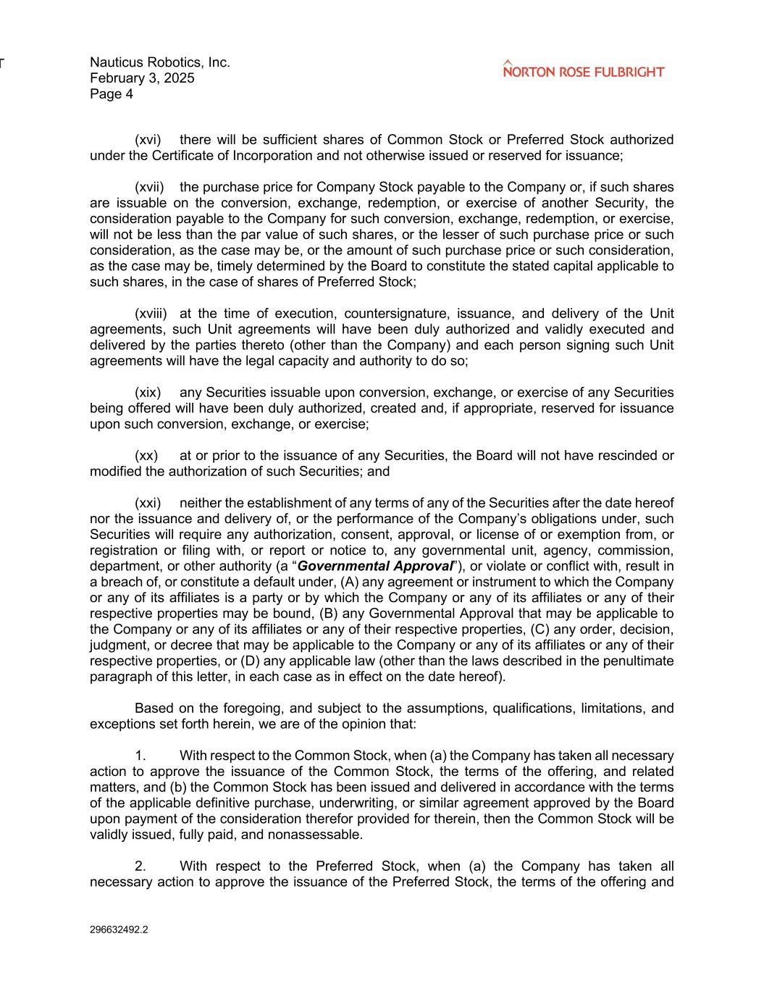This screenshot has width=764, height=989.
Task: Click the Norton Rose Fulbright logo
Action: pyautogui.click(x=583, y=70)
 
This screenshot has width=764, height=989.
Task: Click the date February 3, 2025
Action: pyautogui.click(x=142, y=78)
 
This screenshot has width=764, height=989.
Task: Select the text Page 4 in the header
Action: pyautogui.click(x=112, y=94)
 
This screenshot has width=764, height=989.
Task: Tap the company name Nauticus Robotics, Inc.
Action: pyautogui.click(x=160, y=62)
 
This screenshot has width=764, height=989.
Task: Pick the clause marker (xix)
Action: pyautogui.click(x=148, y=393)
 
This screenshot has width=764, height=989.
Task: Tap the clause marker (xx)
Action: pyautogui.click(x=146, y=456)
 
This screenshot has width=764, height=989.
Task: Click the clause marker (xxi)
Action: pyautogui.click(x=148, y=503)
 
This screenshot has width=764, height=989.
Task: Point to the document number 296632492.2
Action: pyautogui.click(x=119, y=930)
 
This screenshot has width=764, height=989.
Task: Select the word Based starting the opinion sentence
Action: pyautogui.click(x=153, y=708)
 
